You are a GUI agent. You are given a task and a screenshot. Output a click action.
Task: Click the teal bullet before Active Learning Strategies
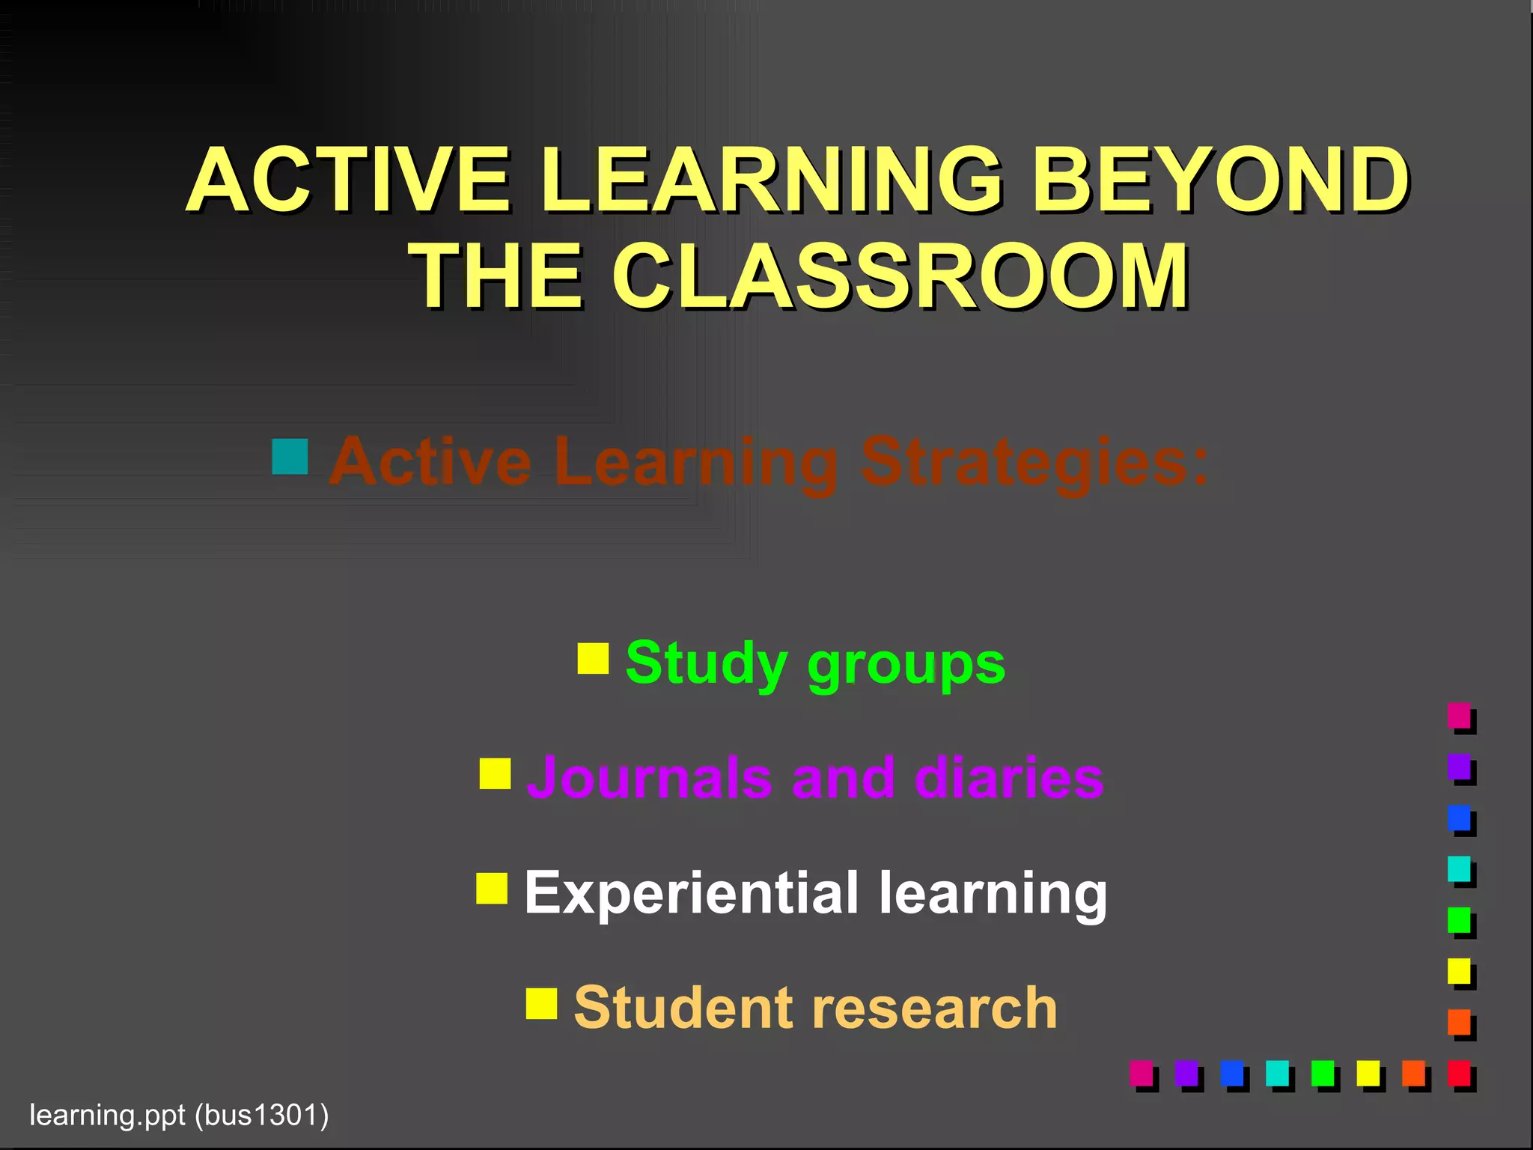(x=290, y=457)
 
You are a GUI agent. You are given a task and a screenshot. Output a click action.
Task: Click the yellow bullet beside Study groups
(x=593, y=658)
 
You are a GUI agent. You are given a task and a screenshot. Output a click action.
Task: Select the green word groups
(x=906, y=665)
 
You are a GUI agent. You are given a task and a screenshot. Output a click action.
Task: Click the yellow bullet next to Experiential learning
(x=492, y=889)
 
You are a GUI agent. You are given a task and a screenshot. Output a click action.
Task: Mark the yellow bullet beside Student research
(x=541, y=1004)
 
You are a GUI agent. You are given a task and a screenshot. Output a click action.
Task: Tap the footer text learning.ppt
(x=107, y=1116)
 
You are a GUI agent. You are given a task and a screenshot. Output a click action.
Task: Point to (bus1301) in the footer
(x=261, y=1116)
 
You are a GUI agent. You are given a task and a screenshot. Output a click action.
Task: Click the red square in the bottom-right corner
(x=1459, y=1073)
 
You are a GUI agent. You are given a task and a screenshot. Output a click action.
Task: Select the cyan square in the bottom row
(x=1277, y=1073)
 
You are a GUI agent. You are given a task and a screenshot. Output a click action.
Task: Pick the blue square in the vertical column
(x=1459, y=818)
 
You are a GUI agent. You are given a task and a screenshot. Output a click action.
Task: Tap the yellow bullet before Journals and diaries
(x=495, y=774)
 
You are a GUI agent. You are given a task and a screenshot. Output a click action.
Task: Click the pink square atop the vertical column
(x=1459, y=715)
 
